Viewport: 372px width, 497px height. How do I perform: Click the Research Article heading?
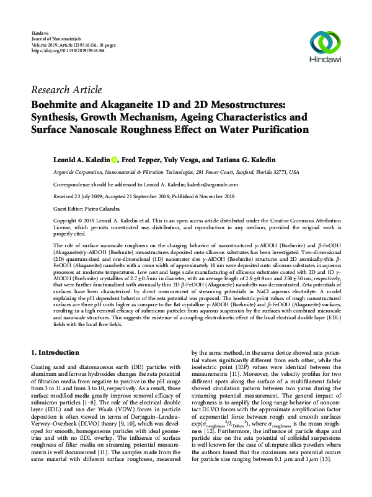pyautogui.click(x=66, y=90)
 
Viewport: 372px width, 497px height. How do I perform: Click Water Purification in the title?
pyautogui.click(x=254, y=130)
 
